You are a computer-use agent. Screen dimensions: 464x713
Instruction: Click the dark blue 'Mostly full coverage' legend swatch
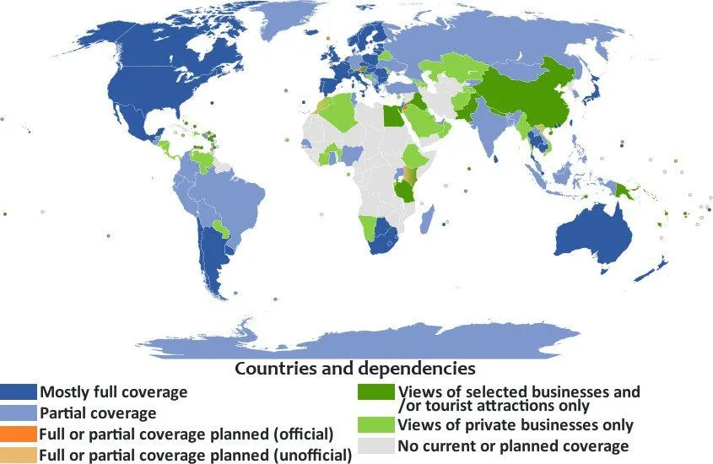point(19,392)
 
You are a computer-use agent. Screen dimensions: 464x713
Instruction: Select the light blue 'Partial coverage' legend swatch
point(19,413)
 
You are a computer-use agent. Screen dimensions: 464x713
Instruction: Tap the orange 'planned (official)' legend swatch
point(19,434)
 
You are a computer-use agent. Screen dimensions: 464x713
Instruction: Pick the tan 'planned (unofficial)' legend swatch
point(19,456)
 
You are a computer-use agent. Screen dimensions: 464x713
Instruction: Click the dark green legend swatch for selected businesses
point(375,392)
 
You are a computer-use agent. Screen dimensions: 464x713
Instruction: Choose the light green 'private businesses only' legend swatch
point(375,424)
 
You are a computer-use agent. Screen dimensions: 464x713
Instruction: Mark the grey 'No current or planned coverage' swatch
point(375,445)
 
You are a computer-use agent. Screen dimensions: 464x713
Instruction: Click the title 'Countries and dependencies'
point(354,369)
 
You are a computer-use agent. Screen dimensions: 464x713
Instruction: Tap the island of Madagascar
point(428,220)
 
